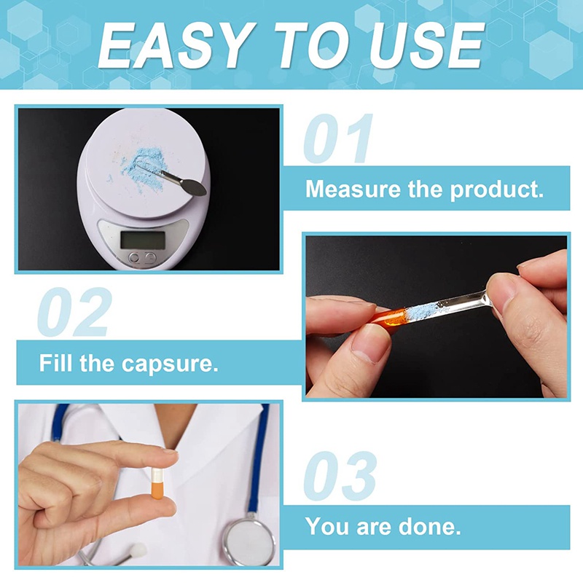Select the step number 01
(338, 138)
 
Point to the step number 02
(74, 312)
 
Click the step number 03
(340, 476)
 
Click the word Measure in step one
(353, 189)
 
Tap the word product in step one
(497, 190)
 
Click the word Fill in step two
(56, 362)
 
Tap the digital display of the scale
(143, 240)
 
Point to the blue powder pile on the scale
(143, 165)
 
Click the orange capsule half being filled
(388, 317)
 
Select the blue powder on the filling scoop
(422, 310)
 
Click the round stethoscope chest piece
(249, 540)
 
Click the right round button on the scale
(150, 257)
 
